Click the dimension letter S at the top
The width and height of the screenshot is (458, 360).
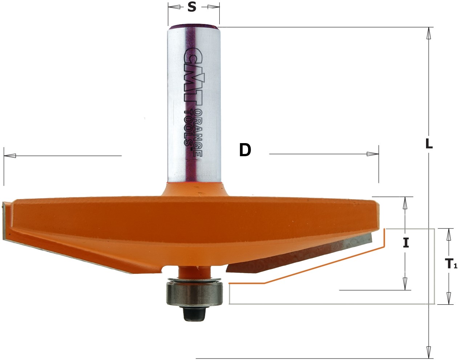click(192, 7)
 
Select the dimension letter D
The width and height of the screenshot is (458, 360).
click(245, 150)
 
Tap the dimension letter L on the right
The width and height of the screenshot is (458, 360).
click(429, 144)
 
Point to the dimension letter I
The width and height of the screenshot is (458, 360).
click(406, 242)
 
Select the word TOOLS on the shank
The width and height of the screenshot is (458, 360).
click(188, 127)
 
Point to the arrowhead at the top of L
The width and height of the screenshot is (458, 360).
click(429, 33)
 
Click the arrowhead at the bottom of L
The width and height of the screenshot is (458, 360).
click(429, 352)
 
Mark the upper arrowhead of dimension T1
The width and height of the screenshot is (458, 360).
click(449, 235)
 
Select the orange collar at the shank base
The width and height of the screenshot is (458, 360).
click(194, 189)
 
